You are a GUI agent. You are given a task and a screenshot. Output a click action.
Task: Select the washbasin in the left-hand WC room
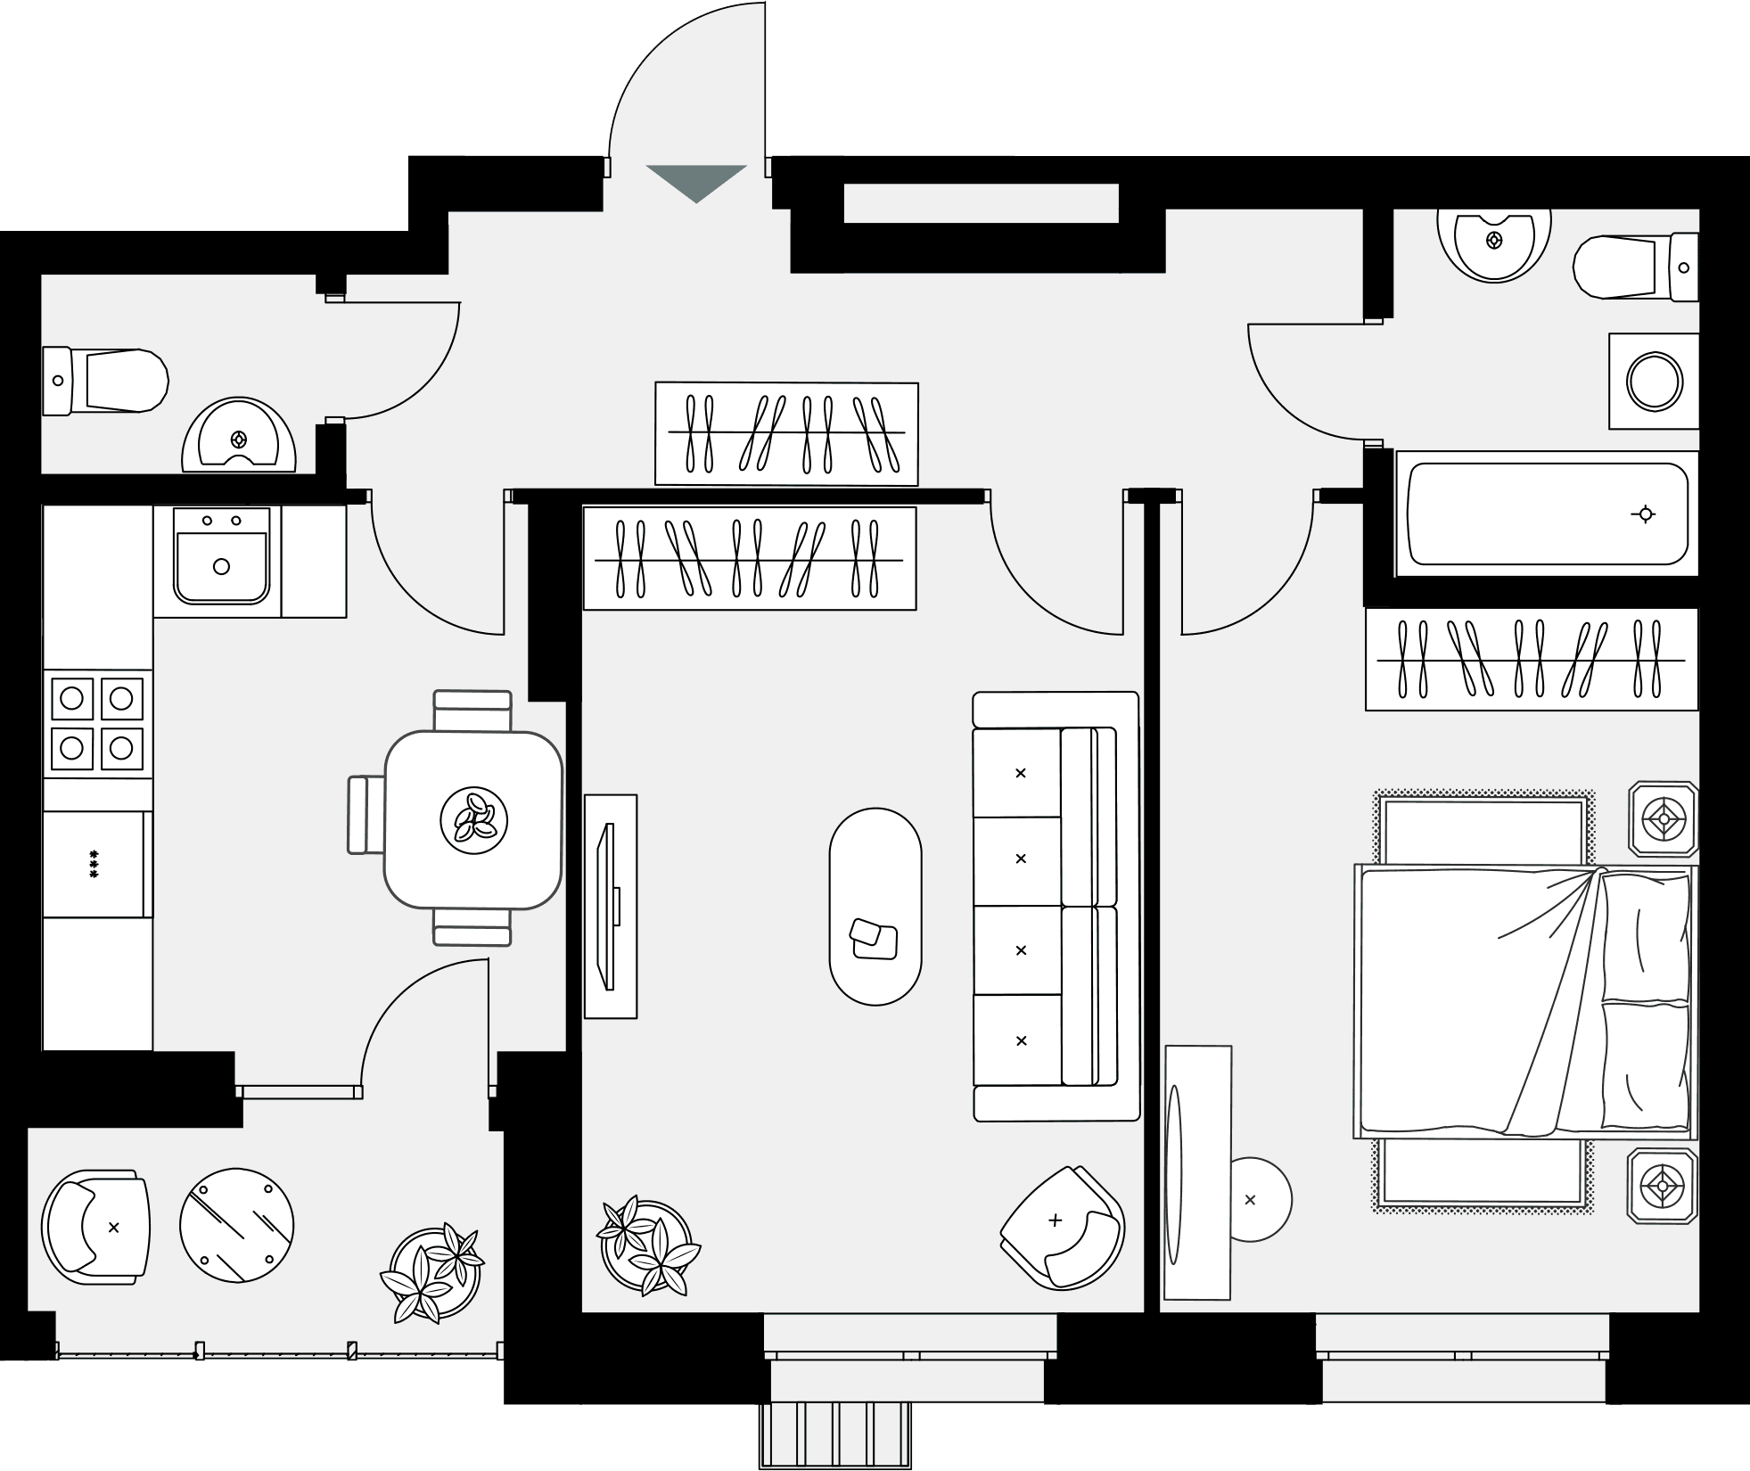click(238, 438)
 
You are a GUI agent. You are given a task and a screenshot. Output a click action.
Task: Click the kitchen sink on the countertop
click(221, 557)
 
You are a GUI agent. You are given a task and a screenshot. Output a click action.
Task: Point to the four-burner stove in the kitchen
click(97, 723)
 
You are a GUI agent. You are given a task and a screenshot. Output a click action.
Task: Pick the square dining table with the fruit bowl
click(473, 819)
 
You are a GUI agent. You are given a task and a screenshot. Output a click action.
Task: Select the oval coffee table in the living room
click(875, 906)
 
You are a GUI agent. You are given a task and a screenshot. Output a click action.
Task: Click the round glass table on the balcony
click(236, 1226)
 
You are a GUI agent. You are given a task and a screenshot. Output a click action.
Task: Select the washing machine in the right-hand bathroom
click(1654, 382)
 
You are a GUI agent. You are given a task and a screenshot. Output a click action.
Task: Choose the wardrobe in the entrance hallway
click(786, 433)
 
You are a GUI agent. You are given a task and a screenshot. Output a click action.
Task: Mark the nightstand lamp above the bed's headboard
click(1664, 818)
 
